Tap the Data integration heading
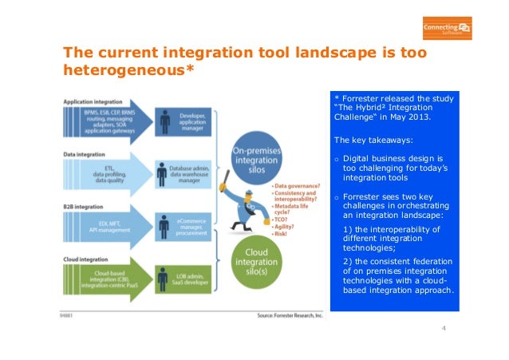pos(85,153)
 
